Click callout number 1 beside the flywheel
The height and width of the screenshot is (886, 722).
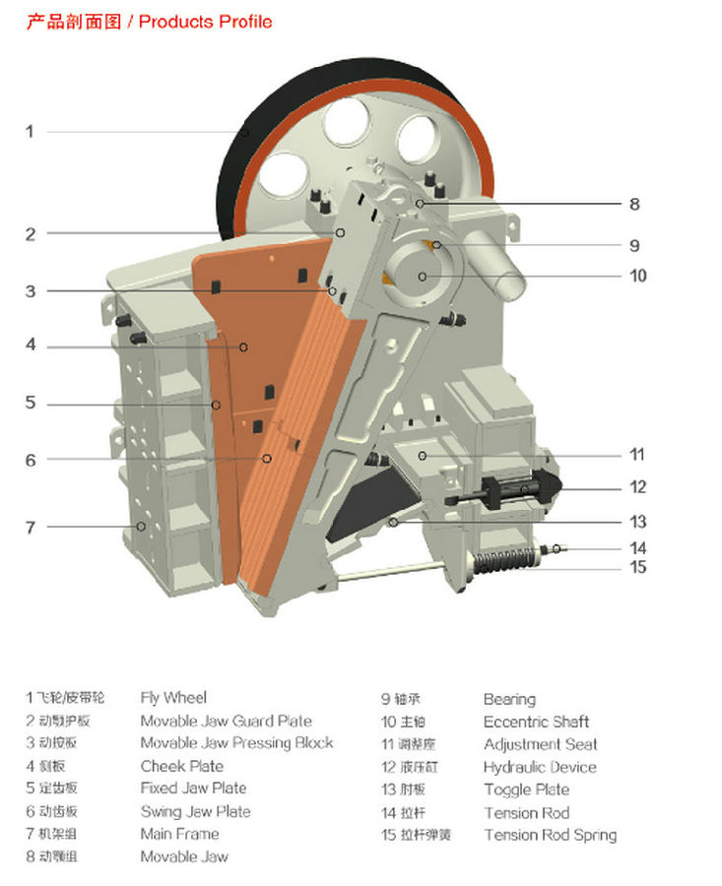(30, 131)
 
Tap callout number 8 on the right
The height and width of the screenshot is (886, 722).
(634, 205)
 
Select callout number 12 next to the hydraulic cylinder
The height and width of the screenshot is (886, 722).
(637, 486)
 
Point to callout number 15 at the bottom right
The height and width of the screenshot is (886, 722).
(638, 567)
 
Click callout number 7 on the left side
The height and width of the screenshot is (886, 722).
(31, 528)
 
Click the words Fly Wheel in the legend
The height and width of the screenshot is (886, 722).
(173, 698)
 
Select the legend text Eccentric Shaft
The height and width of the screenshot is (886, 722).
(536, 722)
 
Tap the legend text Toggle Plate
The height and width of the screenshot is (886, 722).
(526, 790)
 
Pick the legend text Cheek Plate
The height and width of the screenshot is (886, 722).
(181, 766)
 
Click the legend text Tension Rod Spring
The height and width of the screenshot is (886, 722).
(550, 835)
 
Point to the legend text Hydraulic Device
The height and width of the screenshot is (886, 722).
(539, 767)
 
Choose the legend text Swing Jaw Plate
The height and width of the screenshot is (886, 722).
(195, 811)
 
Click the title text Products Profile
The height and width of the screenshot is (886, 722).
(205, 21)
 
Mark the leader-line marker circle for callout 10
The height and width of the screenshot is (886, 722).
(423, 277)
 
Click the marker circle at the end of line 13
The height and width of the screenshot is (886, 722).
(393, 522)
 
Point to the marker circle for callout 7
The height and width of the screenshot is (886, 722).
(141, 527)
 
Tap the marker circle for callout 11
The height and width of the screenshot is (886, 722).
(422, 455)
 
